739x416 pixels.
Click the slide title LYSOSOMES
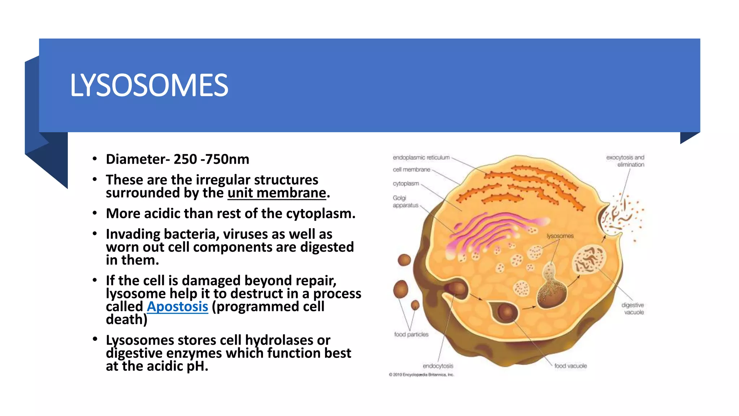tap(149, 86)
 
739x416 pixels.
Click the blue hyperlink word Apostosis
tap(177, 307)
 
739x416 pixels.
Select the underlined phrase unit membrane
tap(277, 193)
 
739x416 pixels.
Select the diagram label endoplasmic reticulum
tap(421, 157)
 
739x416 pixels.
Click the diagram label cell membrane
tap(411, 169)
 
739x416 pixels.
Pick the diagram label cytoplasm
tap(406, 183)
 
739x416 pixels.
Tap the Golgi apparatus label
tap(405, 201)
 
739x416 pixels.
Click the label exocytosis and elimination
tap(626, 161)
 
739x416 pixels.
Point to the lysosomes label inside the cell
tap(560, 236)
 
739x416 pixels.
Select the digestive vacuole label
tap(633, 308)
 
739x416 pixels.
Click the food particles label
tap(411, 334)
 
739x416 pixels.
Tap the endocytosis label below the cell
tap(438, 366)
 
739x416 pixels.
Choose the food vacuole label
tap(570, 366)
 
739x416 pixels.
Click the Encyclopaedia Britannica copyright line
tap(421, 374)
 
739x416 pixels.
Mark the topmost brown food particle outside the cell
tap(404, 260)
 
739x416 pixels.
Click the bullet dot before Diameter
tap(95, 159)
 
